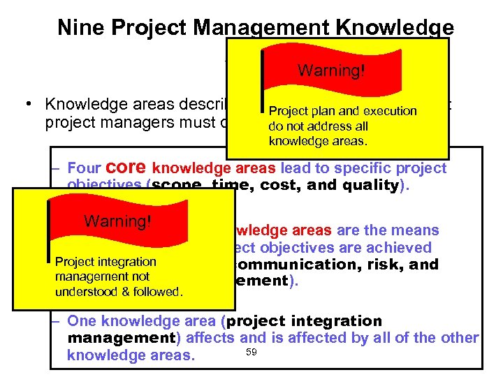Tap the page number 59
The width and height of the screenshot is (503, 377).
251,351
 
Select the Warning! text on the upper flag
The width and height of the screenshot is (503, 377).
331,71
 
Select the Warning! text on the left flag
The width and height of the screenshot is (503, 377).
118,221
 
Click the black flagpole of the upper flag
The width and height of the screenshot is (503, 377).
261,98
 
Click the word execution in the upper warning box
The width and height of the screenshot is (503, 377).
389,111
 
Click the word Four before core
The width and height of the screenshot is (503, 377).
85,168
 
